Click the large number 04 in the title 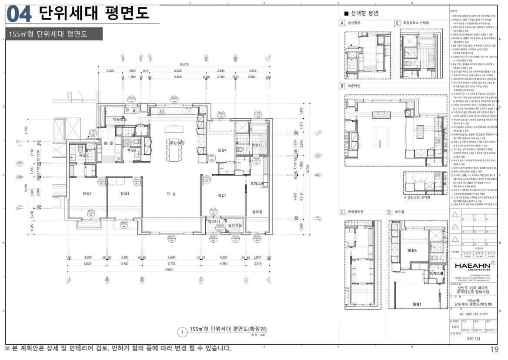tap(19, 14)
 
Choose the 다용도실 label tap(120, 119)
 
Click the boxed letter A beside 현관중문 tap(342, 23)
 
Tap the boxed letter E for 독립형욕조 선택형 tap(398, 23)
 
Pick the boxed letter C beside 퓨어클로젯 tap(342, 212)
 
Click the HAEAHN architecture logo tap(472, 266)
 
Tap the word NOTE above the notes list tap(454, 10)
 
